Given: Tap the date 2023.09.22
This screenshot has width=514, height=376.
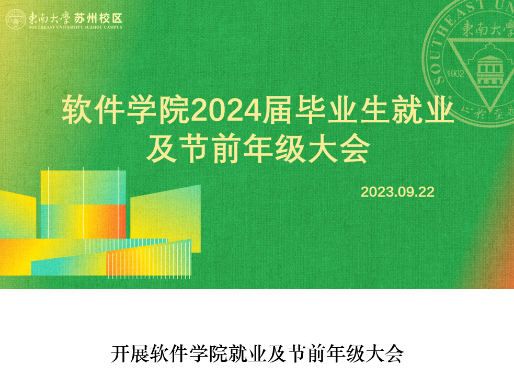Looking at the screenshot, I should point(397,192).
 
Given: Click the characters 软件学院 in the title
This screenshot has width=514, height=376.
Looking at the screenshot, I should point(126,110).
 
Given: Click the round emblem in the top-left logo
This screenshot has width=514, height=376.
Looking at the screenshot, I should point(15,19).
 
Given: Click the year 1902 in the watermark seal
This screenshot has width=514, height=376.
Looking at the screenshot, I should point(456,74).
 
